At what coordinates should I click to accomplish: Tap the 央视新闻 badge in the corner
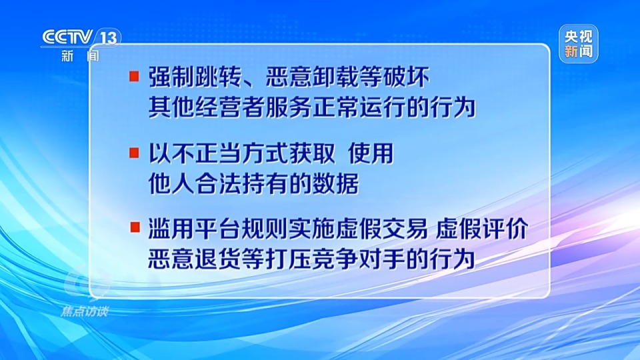click(x=578, y=44)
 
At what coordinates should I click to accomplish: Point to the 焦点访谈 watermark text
click(x=84, y=311)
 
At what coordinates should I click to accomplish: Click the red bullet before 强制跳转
click(x=134, y=77)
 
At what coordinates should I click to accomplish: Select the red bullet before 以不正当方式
click(x=134, y=154)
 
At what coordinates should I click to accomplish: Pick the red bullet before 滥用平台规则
click(x=134, y=229)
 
